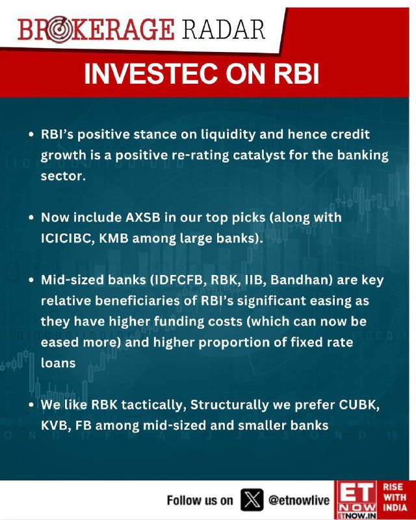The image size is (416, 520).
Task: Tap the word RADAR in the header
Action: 223,29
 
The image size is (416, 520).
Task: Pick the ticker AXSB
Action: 143,218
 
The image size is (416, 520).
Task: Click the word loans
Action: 58,363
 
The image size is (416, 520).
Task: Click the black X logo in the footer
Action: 252,500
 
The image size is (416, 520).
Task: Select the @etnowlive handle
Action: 298,500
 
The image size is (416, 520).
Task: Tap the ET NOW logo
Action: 356,500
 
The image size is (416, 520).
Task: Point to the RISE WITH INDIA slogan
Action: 395,497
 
